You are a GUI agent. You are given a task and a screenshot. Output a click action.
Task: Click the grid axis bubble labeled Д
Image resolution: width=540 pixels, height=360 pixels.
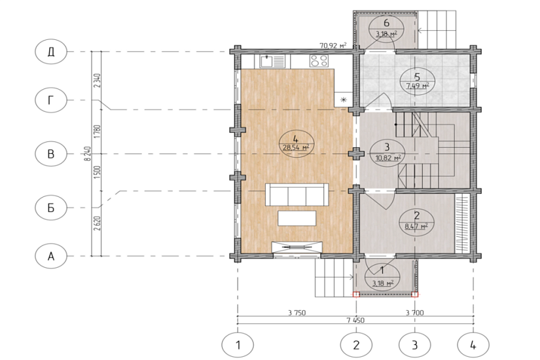[50, 52]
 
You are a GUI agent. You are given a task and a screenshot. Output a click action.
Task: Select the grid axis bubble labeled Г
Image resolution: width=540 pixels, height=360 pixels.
[50, 100]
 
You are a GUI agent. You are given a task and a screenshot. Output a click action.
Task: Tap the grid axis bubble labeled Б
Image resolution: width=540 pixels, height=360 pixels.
[50, 207]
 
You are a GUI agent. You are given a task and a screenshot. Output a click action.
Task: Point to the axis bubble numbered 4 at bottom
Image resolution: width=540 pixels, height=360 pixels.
[473, 344]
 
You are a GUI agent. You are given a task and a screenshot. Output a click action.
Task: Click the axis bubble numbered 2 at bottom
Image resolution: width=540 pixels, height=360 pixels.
[356, 344]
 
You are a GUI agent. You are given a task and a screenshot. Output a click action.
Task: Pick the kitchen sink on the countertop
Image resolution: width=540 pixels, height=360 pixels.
[272, 62]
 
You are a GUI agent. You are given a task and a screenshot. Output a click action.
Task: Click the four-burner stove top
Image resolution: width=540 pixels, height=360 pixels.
[319, 61]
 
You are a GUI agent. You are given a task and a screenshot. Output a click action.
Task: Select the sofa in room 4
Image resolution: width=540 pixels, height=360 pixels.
[297, 194]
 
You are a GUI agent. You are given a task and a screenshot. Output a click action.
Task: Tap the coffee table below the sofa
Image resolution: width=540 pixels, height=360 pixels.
[297, 219]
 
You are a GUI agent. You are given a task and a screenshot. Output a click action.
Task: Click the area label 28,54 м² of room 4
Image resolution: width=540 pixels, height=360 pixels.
[296, 148]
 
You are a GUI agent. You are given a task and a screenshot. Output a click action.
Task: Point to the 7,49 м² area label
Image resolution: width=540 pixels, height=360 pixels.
[417, 86]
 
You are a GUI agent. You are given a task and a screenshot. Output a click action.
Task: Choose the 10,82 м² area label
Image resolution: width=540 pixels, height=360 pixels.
[387, 158]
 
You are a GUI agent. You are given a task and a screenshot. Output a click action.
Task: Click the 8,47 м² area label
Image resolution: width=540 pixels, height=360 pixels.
[416, 226]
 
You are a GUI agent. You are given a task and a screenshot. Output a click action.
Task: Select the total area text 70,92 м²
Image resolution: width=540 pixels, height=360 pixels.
[333, 45]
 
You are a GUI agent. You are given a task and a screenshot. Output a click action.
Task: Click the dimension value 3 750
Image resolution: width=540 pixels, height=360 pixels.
[297, 312]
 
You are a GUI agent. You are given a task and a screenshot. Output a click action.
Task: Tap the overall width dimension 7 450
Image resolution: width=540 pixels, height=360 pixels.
[355, 320]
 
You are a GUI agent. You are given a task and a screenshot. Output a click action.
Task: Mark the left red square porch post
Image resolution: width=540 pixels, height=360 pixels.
[356, 294]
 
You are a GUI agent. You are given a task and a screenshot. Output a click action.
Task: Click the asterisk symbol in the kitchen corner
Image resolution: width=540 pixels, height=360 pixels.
[344, 100]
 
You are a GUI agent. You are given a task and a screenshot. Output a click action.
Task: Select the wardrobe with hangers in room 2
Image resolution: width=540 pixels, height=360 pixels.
[462, 223]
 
